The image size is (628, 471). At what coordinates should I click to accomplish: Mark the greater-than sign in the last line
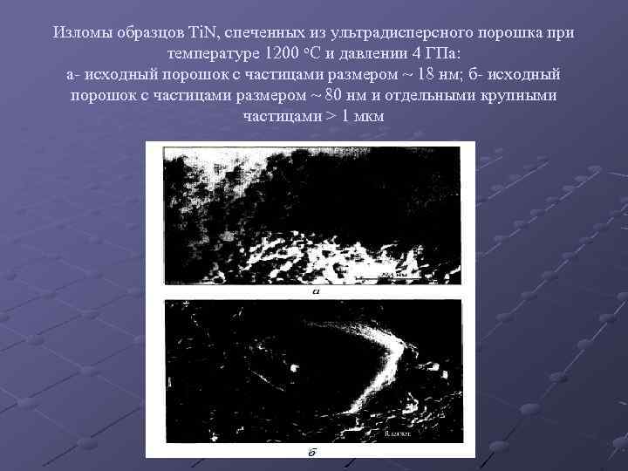[329, 116]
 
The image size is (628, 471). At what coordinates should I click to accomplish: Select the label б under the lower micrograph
[311, 453]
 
